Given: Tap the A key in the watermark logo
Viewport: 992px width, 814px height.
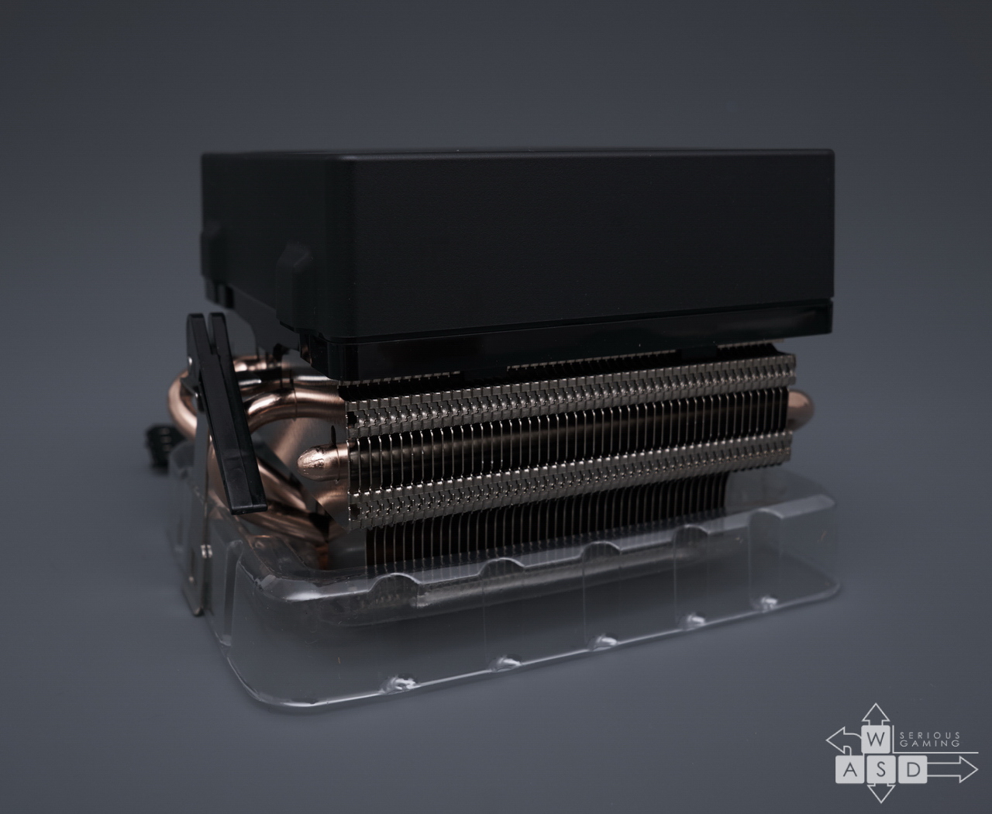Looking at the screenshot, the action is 850,770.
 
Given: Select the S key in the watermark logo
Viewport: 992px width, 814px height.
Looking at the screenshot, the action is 880,770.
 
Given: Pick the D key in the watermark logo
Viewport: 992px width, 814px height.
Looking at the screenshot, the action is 912,770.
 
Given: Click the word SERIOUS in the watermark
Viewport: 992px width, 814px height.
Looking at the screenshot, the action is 921,735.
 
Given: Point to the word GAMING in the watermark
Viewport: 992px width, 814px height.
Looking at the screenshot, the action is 921,743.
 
